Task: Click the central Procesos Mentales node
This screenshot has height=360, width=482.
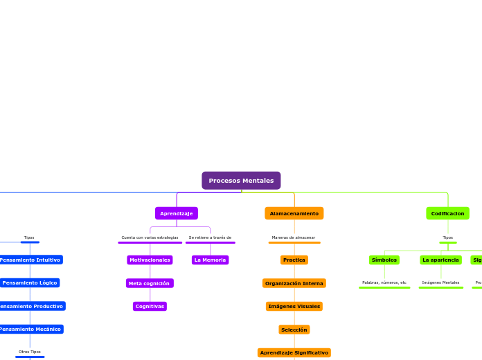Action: tap(241, 181)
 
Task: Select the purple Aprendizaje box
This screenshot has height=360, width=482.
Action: tap(177, 213)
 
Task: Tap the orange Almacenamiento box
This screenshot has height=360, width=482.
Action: tap(294, 213)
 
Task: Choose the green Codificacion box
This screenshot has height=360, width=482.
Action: tap(447, 213)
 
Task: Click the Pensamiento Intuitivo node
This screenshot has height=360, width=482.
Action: tap(30, 260)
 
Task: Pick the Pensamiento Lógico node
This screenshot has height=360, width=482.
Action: tap(30, 282)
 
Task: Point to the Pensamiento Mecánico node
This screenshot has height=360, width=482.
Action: tap(30, 329)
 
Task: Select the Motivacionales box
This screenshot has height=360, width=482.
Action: tap(150, 260)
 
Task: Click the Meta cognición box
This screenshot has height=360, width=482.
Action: tap(150, 283)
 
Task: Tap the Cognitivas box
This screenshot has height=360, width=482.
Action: tap(150, 306)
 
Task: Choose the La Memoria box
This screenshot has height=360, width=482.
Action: tap(210, 260)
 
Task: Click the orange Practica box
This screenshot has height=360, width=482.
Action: tap(294, 260)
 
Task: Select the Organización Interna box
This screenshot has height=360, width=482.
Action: tap(294, 283)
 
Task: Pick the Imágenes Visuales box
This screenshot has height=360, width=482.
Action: tap(294, 306)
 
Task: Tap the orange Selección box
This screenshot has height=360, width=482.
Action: tap(294, 330)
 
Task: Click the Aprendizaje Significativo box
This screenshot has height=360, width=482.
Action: tap(294, 352)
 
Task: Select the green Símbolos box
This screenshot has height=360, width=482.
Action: tap(384, 260)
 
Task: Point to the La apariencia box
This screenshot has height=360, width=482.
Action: tap(440, 260)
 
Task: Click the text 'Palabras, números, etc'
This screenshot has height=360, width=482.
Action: tap(384, 282)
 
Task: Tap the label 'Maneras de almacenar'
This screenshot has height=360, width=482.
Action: tap(294, 237)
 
